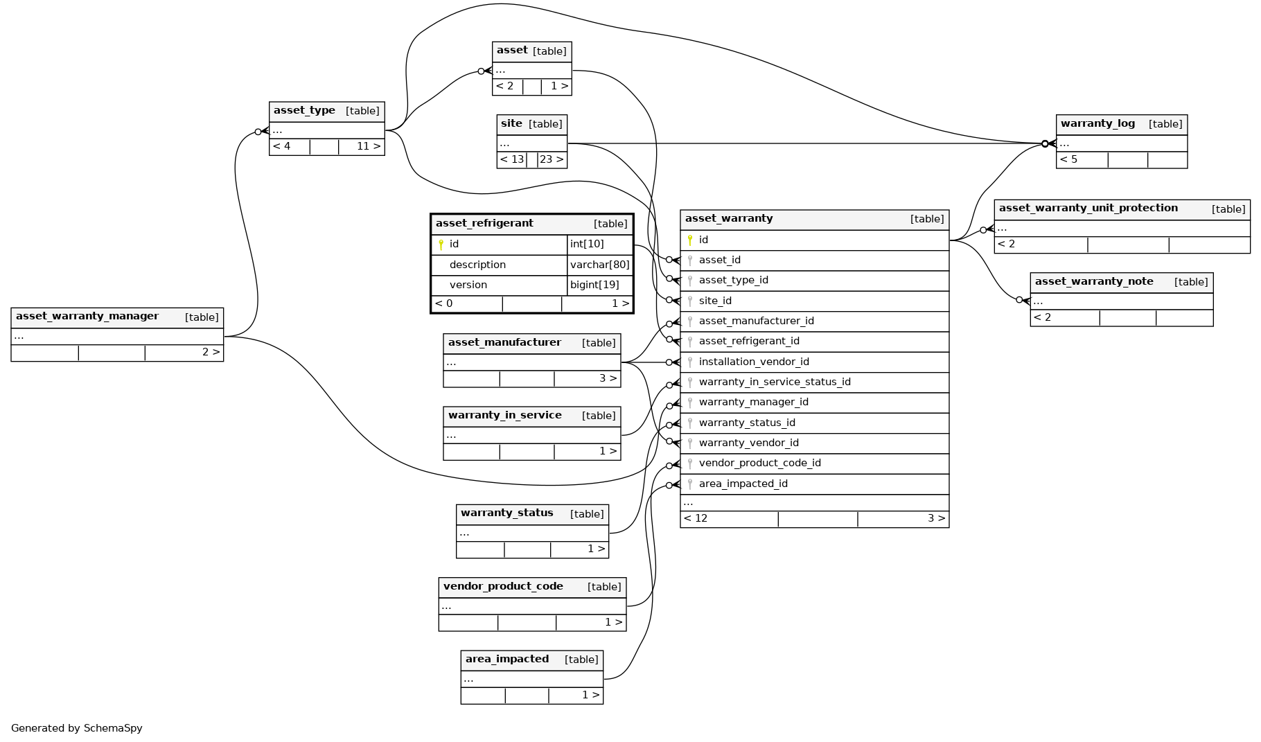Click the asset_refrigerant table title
[x=484, y=223]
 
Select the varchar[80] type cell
[x=599, y=265]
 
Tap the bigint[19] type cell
[x=594, y=285]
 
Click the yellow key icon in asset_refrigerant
[x=441, y=244]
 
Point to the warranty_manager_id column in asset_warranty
[x=753, y=402]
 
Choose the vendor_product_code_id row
[x=759, y=463]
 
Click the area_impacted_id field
[x=743, y=484]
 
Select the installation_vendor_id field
[x=754, y=362]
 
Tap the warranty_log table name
[x=1097, y=123]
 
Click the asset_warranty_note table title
[x=1093, y=281]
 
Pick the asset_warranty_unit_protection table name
[x=1088, y=208]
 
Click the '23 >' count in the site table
[x=552, y=159]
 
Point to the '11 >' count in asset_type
[x=368, y=146]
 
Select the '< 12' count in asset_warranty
[x=696, y=518]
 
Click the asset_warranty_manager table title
[x=87, y=316]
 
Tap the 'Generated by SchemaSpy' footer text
[x=76, y=728]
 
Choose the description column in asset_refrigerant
[x=477, y=265]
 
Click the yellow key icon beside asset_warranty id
[x=690, y=240]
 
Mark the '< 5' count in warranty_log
[x=1068, y=159]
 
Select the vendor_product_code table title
[x=503, y=586]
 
